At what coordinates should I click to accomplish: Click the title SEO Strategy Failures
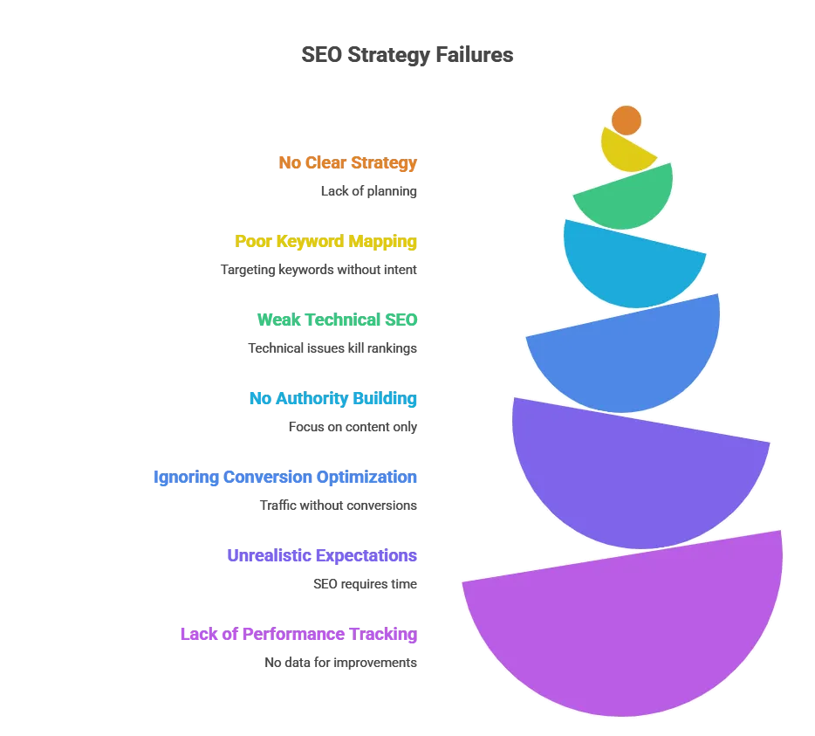407,55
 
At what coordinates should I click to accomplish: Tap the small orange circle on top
627,120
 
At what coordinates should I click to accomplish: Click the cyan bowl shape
632,268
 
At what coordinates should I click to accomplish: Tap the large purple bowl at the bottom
624,629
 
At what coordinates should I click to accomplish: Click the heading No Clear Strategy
347,162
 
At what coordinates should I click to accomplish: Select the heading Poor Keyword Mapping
325,241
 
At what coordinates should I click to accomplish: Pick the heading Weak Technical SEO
338,320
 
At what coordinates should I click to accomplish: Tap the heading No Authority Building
333,398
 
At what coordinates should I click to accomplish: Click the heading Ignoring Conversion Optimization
285,477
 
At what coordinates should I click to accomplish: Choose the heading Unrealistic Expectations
322,555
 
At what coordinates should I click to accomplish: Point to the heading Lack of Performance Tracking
299,634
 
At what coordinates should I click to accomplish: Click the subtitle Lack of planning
369,191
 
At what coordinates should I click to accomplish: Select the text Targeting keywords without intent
318,270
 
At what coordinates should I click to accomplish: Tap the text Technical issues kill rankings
332,348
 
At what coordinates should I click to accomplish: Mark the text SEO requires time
366,584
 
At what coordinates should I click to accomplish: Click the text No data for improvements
341,663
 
